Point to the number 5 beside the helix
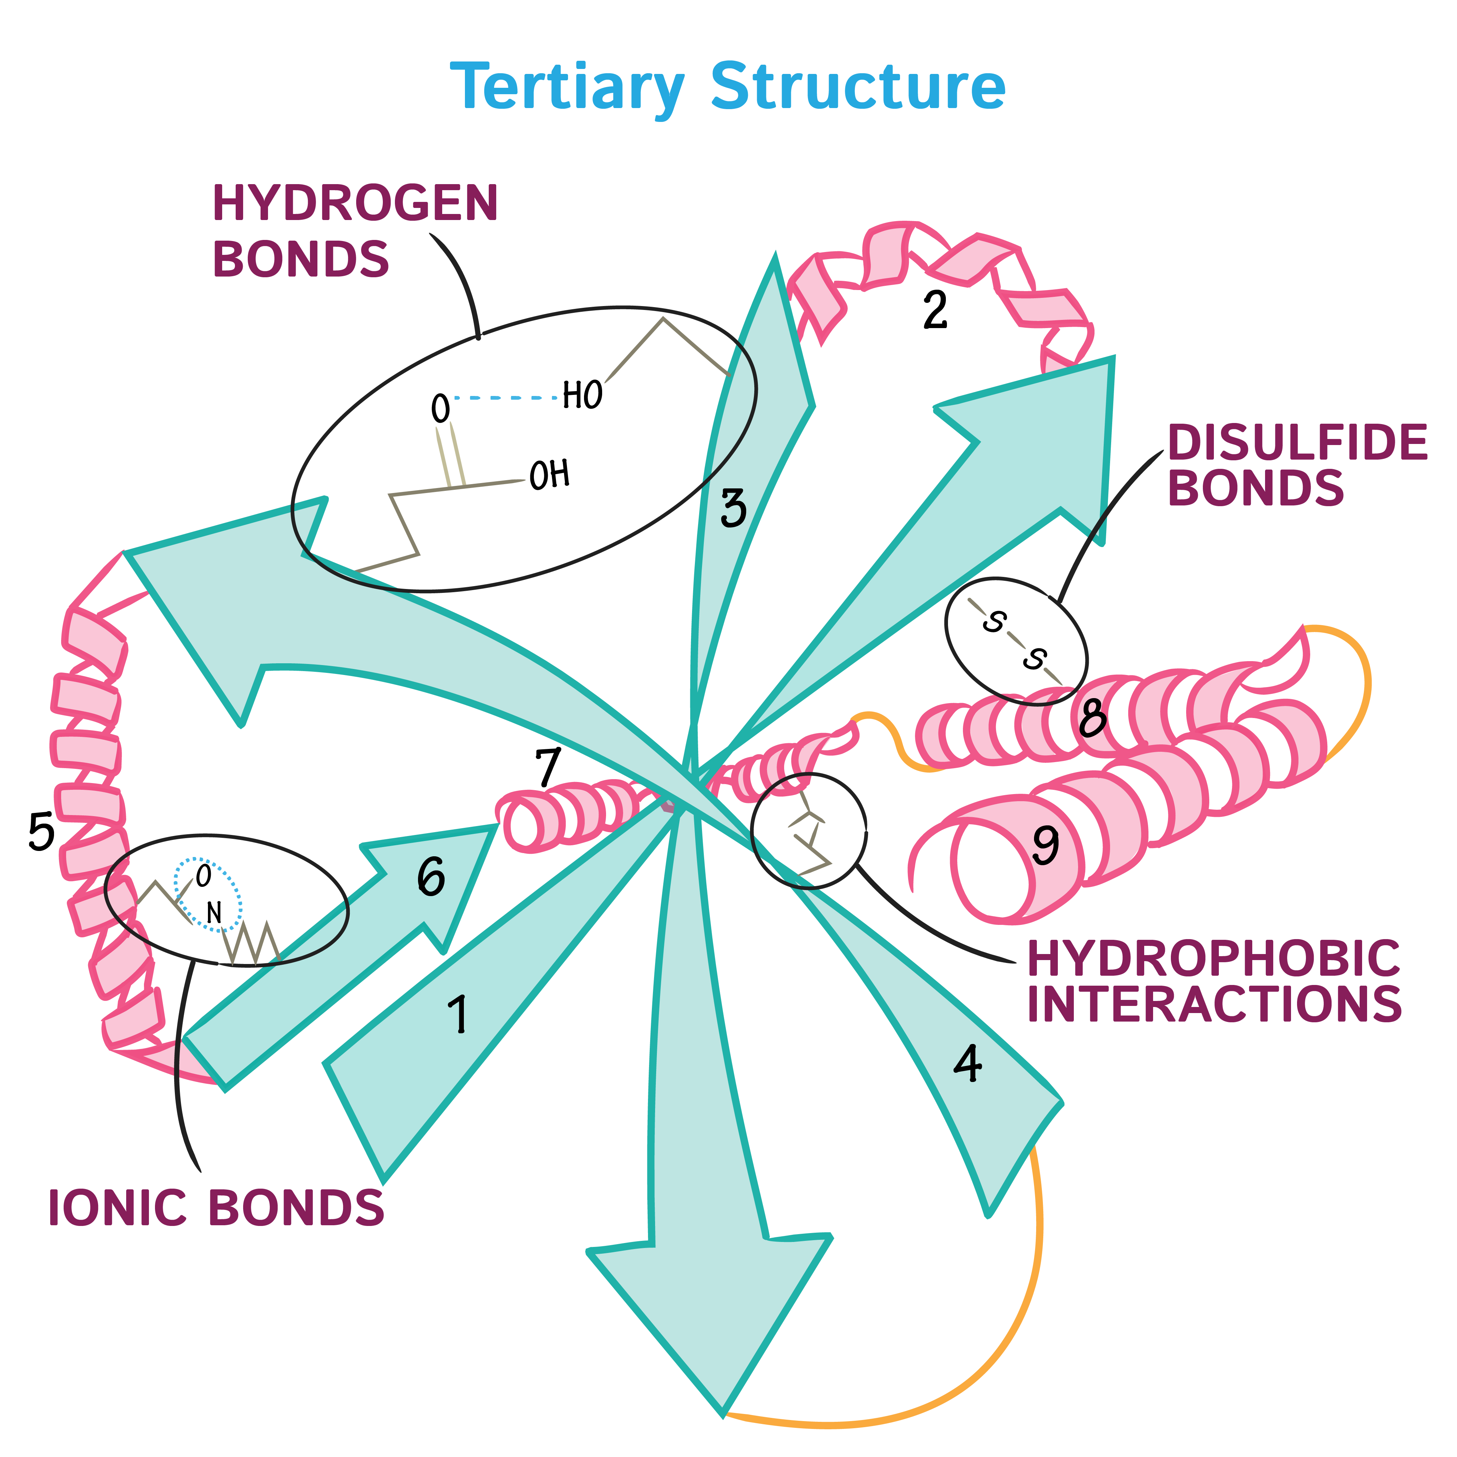(42, 832)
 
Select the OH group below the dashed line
(549, 475)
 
